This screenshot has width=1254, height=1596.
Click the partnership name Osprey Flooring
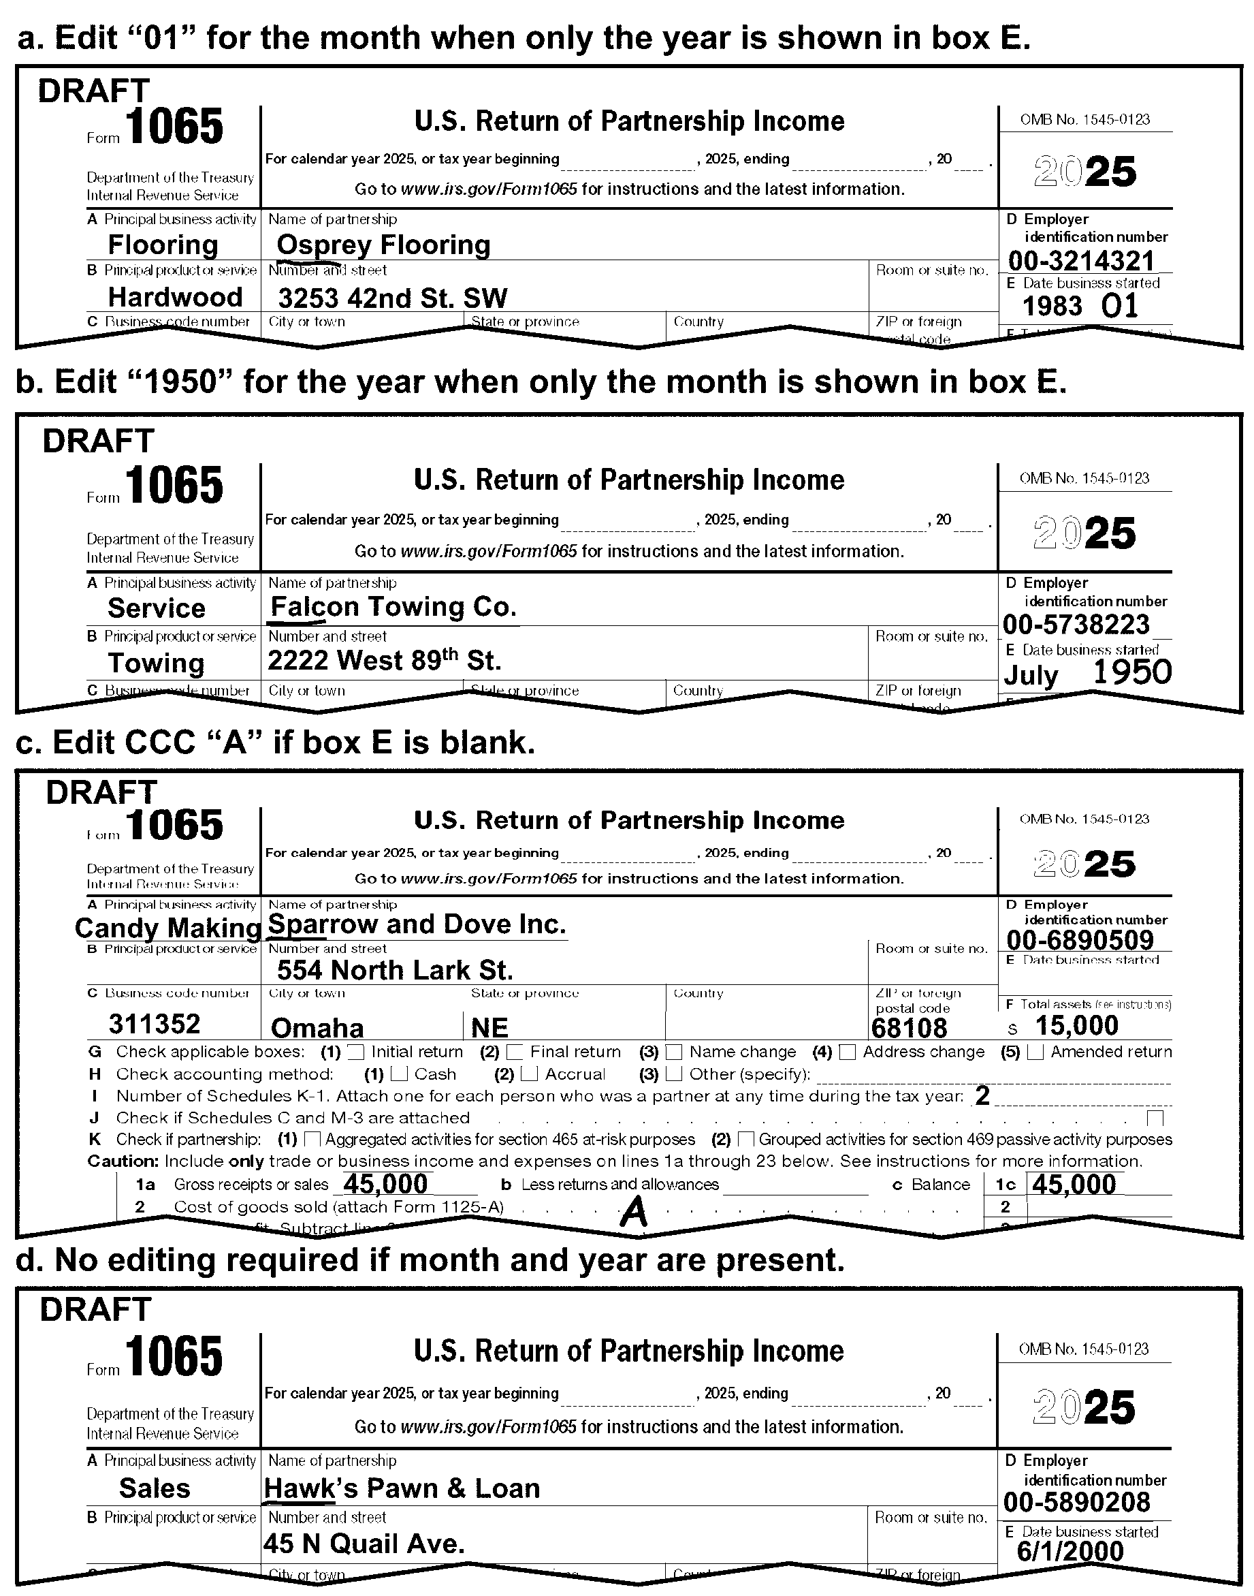click(x=383, y=245)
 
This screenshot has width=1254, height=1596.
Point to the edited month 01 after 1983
click(x=1120, y=307)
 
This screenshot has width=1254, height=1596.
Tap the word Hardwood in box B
click(x=175, y=297)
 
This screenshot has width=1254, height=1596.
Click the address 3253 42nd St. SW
click(x=392, y=298)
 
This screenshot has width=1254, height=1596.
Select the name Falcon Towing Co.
click(x=393, y=607)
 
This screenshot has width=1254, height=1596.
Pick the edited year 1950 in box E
click(x=1131, y=672)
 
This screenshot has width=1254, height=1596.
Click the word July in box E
click(x=1031, y=675)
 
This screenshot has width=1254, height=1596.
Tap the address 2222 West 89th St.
click(x=383, y=660)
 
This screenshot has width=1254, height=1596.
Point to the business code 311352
click(x=154, y=1024)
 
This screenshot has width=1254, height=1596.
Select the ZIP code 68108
click(x=909, y=1027)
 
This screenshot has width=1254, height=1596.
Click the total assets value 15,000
click(x=1076, y=1025)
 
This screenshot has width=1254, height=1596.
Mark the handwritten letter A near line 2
click(x=634, y=1212)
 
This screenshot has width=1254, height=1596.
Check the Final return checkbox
click(x=515, y=1052)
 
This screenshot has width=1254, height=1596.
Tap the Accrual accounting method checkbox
click(x=528, y=1074)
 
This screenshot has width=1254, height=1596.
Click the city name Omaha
click(x=317, y=1027)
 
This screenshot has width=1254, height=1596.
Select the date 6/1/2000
click(x=1070, y=1551)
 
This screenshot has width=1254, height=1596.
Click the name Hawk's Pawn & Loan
click(x=402, y=1488)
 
